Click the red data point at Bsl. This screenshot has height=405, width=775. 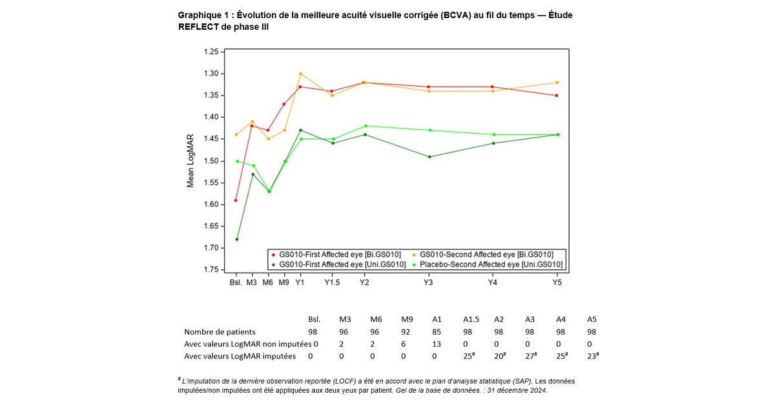(x=236, y=200)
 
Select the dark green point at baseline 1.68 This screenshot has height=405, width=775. (x=236, y=240)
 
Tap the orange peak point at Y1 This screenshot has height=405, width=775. (x=300, y=74)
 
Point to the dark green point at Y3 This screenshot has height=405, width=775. (x=429, y=157)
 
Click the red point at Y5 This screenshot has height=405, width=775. (x=557, y=96)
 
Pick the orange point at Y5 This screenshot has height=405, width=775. (x=557, y=83)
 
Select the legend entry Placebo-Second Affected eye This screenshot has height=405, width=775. (x=491, y=264)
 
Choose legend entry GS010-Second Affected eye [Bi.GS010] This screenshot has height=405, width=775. (x=491, y=254)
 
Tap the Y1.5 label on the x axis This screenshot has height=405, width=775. (x=332, y=283)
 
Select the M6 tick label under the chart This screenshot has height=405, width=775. (x=268, y=283)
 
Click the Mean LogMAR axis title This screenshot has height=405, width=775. (x=191, y=161)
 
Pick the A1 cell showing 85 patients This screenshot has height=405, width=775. (x=437, y=332)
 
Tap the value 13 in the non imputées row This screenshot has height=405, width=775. (x=437, y=344)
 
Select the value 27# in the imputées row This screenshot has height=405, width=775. (x=530, y=355)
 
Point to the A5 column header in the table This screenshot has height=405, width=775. (x=592, y=320)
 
